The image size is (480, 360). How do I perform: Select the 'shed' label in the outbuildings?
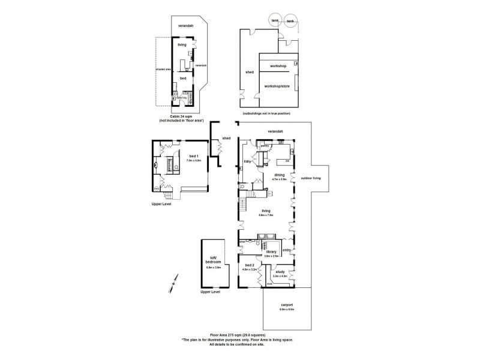(250, 72)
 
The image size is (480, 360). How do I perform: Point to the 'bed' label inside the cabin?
(183, 78)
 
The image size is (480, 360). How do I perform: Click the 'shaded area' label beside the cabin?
(163, 69)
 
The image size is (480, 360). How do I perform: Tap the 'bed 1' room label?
(192, 156)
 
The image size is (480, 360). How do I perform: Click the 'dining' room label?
(280, 175)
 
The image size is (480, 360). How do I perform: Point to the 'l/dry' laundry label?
(247, 161)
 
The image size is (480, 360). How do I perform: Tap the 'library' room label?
(271, 251)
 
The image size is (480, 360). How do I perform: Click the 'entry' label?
(287, 250)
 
